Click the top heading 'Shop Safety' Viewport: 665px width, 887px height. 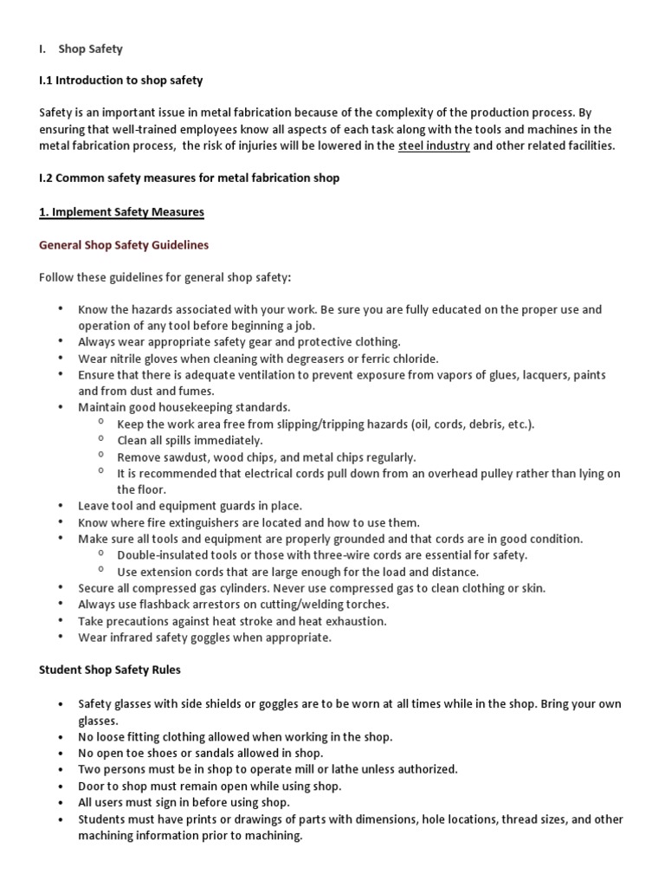[x=91, y=49]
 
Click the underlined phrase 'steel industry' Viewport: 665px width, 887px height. [x=434, y=146]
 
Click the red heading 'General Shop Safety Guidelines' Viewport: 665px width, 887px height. [x=124, y=245]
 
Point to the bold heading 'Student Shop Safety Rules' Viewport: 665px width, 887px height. [x=110, y=670]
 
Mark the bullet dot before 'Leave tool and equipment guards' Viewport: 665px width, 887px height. [x=61, y=506]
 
